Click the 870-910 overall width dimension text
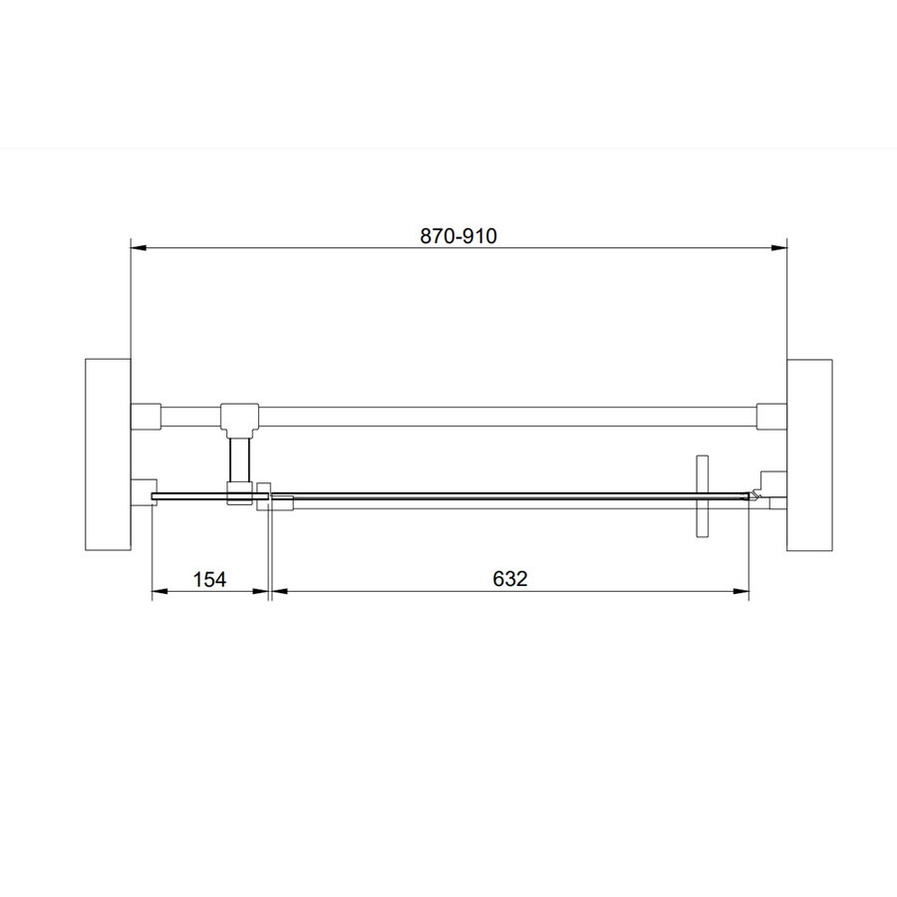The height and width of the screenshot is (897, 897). point(458,236)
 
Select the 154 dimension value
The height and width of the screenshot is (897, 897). point(210,579)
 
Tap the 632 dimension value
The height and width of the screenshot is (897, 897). point(509,579)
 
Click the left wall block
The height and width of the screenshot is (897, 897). point(108,454)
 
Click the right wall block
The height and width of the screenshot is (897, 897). point(809,454)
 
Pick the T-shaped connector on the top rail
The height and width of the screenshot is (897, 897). point(239,418)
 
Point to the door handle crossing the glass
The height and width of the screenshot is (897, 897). point(702,497)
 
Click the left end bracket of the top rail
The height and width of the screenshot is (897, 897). point(146,417)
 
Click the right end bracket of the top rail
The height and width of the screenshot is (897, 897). point(771,417)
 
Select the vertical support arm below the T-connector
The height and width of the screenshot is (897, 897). point(239,459)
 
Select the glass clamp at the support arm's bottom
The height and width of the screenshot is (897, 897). point(239,493)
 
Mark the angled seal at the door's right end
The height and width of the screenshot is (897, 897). point(756,494)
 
